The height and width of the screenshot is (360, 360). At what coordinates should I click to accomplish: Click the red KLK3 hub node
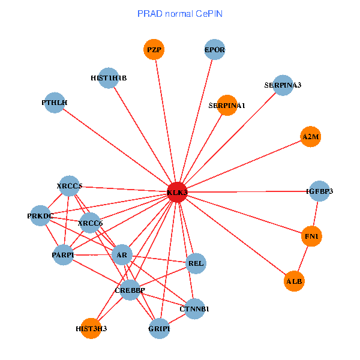click(177, 192)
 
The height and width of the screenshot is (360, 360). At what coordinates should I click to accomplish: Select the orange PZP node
click(154, 49)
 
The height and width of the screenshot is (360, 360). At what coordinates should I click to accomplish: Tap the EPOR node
click(215, 50)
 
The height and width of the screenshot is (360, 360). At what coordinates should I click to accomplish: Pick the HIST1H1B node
click(108, 78)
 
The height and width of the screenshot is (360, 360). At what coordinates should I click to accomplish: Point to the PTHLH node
click(55, 103)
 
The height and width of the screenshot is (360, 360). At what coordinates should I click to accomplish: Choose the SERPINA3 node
click(283, 85)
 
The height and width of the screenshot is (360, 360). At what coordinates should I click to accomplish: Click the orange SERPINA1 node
click(227, 105)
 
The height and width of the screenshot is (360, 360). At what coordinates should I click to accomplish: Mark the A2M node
click(311, 137)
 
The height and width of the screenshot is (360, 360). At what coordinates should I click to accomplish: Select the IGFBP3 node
click(319, 191)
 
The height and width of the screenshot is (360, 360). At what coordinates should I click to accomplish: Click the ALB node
click(294, 281)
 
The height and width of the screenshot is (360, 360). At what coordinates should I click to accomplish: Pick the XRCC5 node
click(70, 186)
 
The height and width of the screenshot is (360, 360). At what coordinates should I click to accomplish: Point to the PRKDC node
click(41, 216)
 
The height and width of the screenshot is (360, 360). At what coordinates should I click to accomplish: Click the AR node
click(122, 255)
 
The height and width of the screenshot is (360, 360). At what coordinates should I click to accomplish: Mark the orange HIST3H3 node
click(91, 328)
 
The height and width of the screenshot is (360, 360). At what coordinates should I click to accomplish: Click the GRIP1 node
click(159, 328)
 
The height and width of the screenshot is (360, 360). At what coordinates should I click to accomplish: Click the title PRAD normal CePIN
click(180, 13)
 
